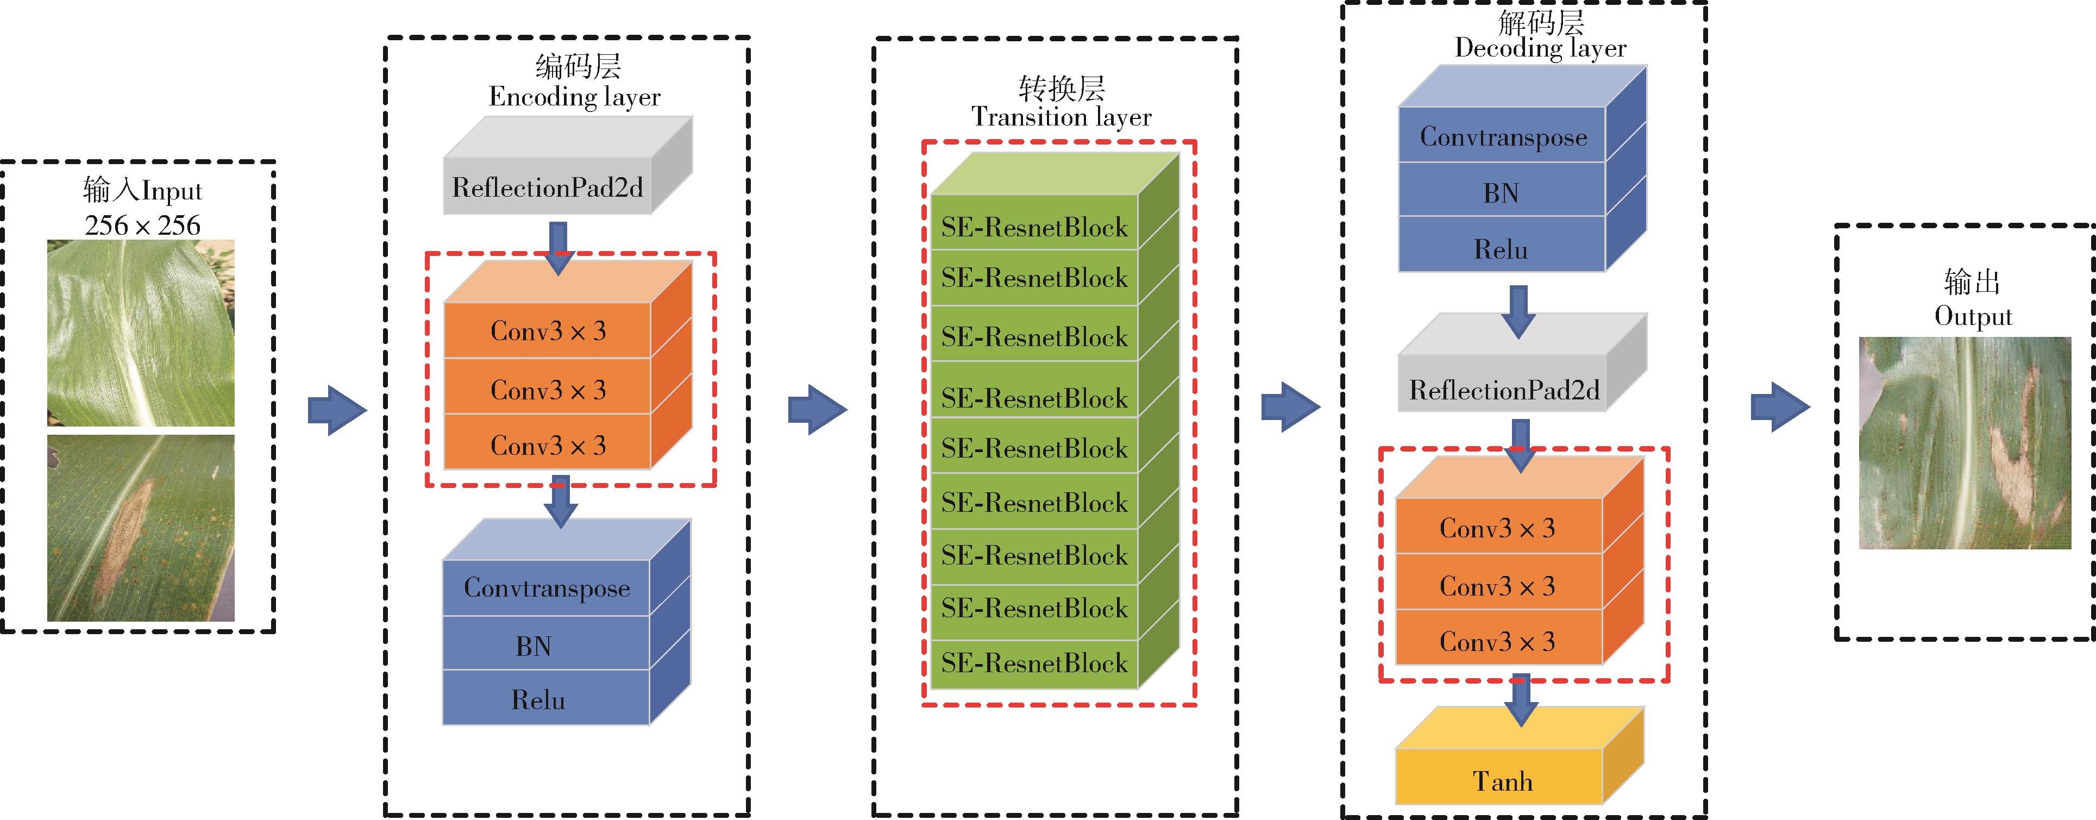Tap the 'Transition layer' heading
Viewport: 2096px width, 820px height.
pyautogui.click(x=1061, y=118)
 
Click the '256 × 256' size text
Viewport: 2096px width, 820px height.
pyautogui.click(x=142, y=226)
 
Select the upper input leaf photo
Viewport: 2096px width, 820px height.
pyautogui.click(x=141, y=333)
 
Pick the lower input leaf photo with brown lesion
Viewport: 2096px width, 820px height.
pyautogui.click(x=141, y=528)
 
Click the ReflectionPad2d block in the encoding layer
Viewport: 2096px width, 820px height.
pyautogui.click(x=548, y=188)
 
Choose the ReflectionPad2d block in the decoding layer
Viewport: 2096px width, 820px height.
pyautogui.click(x=1504, y=391)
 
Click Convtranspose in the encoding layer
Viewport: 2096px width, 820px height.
pyautogui.click(x=547, y=588)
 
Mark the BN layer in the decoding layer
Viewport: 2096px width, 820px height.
pyautogui.click(x=1501, y=193)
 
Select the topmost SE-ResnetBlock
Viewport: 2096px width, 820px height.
pyautogui.click(x=1034, y=227)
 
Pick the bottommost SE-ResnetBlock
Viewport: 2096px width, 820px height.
pyautogui.click(x=1034, y=663)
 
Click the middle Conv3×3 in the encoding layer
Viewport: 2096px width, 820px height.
pyautogui.click(x=548, y=390)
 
